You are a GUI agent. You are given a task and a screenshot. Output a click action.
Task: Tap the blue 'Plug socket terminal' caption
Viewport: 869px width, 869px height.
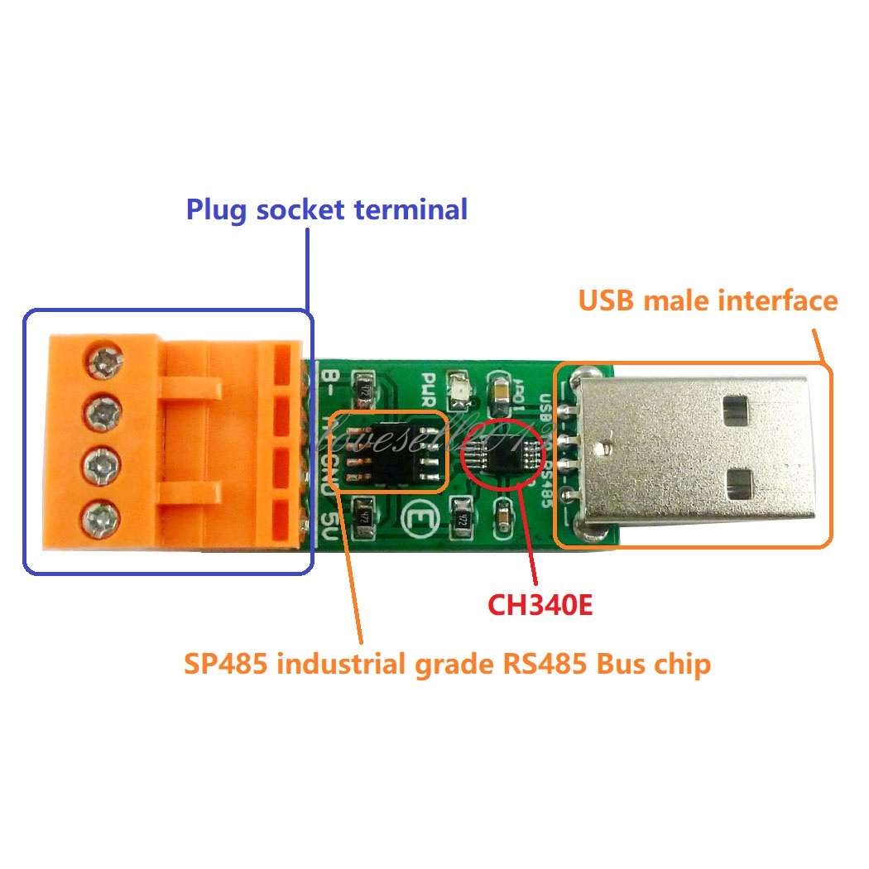click(x=326, y=209)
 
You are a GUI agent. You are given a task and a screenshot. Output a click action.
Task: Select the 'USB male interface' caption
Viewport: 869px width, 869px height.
click(x=708, y=300)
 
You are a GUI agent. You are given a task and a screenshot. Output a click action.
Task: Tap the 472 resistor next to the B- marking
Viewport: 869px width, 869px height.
click(x=362, y=387)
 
